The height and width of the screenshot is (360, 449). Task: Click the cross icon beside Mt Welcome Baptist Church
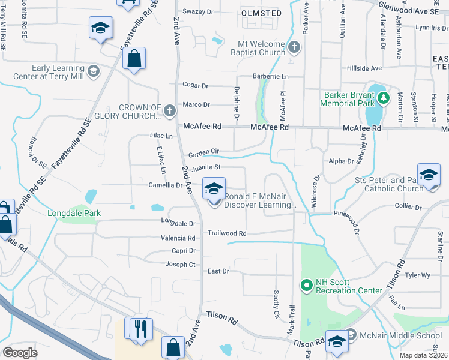[294, 47]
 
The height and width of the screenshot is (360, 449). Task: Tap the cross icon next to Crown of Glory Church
[170, 110]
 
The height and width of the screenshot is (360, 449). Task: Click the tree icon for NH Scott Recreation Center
[306, 285]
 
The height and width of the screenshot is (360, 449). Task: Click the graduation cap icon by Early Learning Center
[93, 72]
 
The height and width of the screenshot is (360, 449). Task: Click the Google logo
[20, 353]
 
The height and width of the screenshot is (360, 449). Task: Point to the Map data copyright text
[424, 355]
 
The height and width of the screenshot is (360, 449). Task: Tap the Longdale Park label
[75, 213]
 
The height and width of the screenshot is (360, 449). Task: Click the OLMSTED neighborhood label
[261, 13]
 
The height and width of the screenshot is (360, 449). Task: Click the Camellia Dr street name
[166, 185]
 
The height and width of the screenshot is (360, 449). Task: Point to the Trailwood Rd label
[227, 233]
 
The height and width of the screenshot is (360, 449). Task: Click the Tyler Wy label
[418, 275]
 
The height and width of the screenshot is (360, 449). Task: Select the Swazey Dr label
[198, 11]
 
